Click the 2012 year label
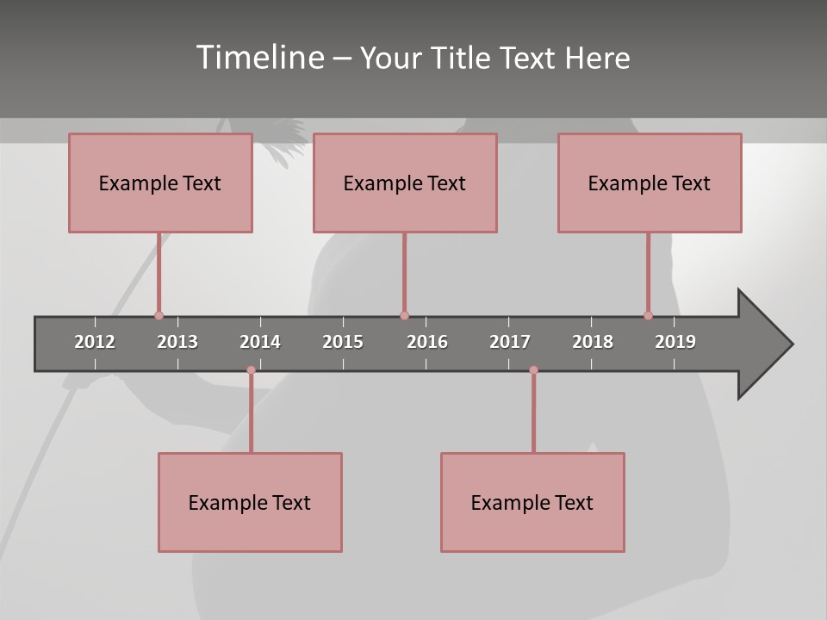pyautogui.click(x=95, y=342)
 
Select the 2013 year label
pyautogui.click(x=177, y=342)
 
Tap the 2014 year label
pyautogui.click(x=260, y=342)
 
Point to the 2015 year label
pyautogui.click(x=343, y=342)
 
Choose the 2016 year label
pyautogui.click(x=427, y=342)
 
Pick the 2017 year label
pyautogui.click(x=510, y=342)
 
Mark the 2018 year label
pyautogui.click(x=593, y=342)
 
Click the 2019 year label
pyautogui.click(x=675, y=342)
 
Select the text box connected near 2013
pyautogui.click(x=160, y=183)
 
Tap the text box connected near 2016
pyautogui.click(x=405, y=183)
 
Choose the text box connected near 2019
pyautogui.click(x=650, y=183)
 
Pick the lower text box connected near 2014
pyautogui.click(x=250, y=502)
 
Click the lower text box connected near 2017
pyautogui.click(x=532, y=502)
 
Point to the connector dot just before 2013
pyautogui.click(x=159, y=316)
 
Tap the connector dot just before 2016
pyautogui.click(x=404, y=316)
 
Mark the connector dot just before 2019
pyautogui.click(x=648, y=316)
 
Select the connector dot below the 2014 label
pyautogui.click(x=251, y=370)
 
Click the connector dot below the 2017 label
pyautogui.click(x=533, y=370)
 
